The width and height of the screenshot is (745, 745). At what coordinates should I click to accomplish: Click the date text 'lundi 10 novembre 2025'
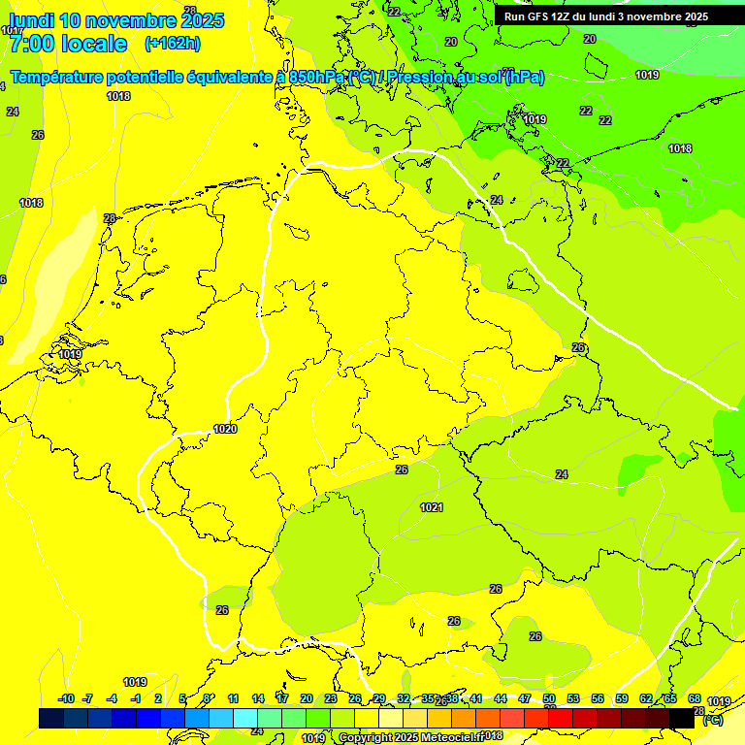(x=116, y=20)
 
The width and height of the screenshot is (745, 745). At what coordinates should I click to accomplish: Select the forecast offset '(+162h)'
(x=172, y=44)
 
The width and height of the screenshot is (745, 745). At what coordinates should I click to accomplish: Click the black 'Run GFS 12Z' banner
(x=606, y=16)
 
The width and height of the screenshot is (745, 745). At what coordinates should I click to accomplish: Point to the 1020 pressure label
(x=225, y=429)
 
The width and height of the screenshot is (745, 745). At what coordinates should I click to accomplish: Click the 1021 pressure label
(x=432, y=507)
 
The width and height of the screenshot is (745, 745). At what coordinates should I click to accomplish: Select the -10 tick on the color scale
(x=66, y=698)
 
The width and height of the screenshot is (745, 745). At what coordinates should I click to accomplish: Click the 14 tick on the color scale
(x=258, y=698)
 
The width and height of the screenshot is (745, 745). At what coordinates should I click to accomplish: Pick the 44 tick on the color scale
(x=501, y=698)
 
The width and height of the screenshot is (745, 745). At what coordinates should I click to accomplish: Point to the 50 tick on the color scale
(x=549, y=698)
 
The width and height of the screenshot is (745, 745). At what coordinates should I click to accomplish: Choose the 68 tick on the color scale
(x=695, y=698)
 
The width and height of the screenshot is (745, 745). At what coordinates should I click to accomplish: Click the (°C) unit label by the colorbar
(x=713, y=720)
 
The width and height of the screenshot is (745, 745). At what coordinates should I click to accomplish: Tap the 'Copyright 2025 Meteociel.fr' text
(x=411, y=737)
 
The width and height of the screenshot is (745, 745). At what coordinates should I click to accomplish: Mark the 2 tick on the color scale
(x=158, y=698)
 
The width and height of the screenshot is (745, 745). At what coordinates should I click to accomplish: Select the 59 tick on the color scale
(x=622, y=698)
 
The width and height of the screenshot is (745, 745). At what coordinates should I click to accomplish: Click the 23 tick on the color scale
(x=331, y=698)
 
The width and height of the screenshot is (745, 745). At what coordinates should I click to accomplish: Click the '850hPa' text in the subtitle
(x=316, y=78)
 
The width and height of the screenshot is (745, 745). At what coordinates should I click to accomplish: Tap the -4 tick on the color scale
(x=112, y=698)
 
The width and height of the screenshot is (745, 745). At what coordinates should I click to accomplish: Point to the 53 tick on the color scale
(x=573, y=698)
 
